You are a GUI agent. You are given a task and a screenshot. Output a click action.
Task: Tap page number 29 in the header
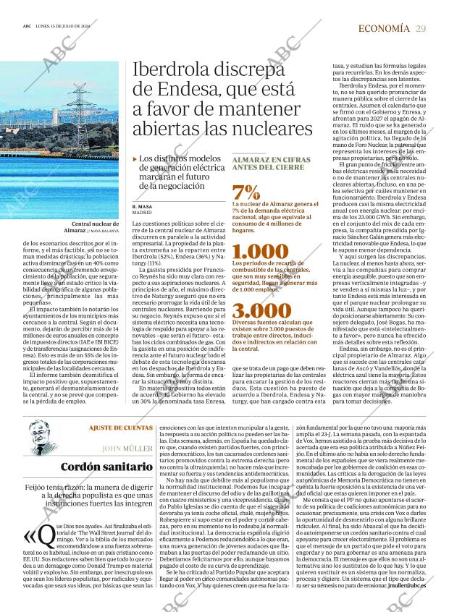(421, 28)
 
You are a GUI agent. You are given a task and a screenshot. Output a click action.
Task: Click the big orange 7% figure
(246, 192)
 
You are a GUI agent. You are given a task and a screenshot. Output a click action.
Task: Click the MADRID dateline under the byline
(142, 213)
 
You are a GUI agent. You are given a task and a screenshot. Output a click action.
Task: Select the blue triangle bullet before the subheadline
(135, 158)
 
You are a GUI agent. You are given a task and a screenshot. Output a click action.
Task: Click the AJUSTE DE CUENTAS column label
(120, 428)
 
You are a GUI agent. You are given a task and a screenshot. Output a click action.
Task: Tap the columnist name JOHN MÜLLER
(127, 448)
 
